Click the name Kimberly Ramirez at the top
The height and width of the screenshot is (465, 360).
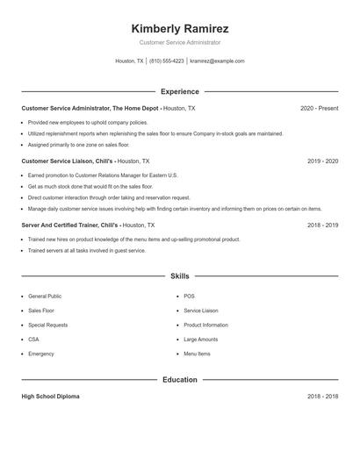[x=179, y=28]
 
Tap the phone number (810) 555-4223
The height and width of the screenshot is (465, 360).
[x=167, y=61]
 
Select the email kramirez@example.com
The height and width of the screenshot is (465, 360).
[x=217, y=61]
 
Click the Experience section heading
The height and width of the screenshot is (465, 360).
[x=179, y=91]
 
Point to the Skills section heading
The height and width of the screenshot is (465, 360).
[x=179, y=276]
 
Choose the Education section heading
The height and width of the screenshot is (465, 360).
[x=179, y=380]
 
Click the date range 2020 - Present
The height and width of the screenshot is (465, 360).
[x=319, y=108]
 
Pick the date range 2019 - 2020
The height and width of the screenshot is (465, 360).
[x=322, y=161]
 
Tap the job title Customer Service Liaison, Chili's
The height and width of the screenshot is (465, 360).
[x=68, y=161]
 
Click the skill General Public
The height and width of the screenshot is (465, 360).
[x=45, y=297]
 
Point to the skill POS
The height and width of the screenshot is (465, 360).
[x=189, y=297]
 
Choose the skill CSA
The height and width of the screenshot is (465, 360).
[x=33, y=340]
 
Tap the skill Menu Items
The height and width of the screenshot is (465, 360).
[x=197, y=354]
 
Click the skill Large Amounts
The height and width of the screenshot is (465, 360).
[x=200, y=340]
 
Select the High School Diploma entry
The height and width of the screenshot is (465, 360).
[x=50, y=397]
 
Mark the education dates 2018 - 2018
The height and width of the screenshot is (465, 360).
[x=322, y=397]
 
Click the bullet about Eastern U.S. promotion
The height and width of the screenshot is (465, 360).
[x=103, y=175]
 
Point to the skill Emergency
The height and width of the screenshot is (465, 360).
[x=41, y=354]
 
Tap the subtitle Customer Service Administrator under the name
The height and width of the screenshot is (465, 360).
[x=179, y=42]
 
